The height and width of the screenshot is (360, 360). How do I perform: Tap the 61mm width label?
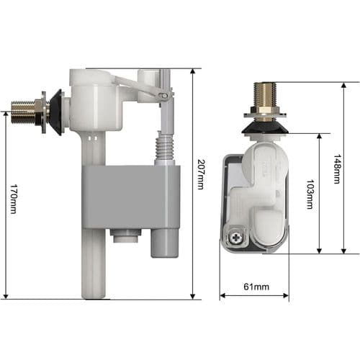pyautogui.click(x=254, y=287)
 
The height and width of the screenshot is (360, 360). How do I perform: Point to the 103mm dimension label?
pyautogui.click(x=310, y=193)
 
